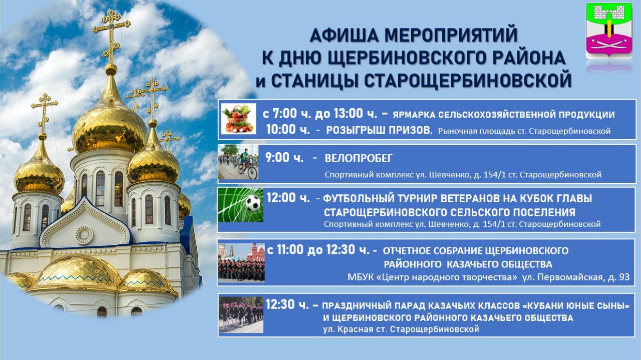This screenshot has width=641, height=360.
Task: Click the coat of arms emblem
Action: pos(608,31)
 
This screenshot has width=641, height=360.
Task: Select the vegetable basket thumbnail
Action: pos(238,119)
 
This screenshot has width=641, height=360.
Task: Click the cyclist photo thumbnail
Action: pos(238,162)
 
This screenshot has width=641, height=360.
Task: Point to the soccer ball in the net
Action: pos(253,203)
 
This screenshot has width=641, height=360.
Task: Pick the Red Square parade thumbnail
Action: pos(241,262)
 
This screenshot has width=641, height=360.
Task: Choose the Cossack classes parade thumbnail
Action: pos(241,315)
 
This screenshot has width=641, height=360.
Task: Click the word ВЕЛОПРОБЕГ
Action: pos(358,158)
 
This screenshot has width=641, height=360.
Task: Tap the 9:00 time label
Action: pos(284,158)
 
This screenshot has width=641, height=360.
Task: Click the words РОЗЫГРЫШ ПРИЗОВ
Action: pos(379,131)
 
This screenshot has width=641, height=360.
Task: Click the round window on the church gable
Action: pos(85,235)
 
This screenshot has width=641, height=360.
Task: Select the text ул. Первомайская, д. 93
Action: pos(576,277)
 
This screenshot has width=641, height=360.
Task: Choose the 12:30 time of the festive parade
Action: pos(287,304)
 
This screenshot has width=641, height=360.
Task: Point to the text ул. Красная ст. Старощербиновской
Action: pos(401,329)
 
